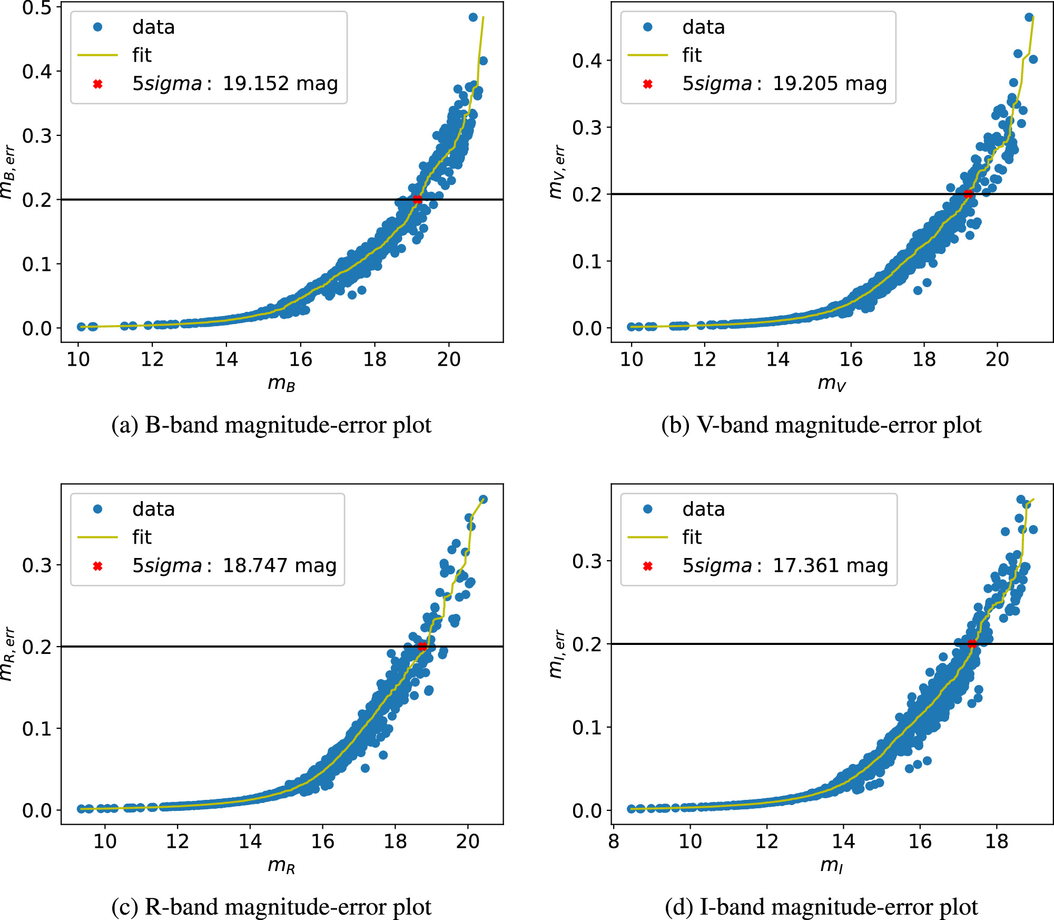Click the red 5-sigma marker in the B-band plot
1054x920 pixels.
pyautogui.click(x=418, y=200)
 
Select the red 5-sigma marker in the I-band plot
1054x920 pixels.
pyautogui.click(x=972, y=643)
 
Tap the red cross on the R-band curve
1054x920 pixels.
pyautogui.click(x=422, y=646)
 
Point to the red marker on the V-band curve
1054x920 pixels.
pyautogui.click(x=968, y=194)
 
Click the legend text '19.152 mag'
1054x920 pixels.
pyautogui.click(x=280, y=83)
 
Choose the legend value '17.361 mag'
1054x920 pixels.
pyautogui.click(x=830, y=565)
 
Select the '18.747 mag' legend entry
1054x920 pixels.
pyautogui.click(x=280, y=565)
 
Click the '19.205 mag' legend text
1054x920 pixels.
pyautogui.click(x=830, y=83)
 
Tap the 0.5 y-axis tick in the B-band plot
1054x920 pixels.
pyautogui.click(x=37, y=8)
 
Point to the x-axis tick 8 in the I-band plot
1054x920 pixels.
pyautogui.click(x=614, y=841)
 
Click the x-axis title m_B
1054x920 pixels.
pyautogui.click(x=281, y=383)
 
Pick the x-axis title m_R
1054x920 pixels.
pyautogui.click(x=281, y=865)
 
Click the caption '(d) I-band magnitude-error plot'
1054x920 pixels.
pyautogui.click(x=821, y=907)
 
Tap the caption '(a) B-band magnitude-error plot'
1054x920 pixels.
pyautogui.click(x=271, y=425)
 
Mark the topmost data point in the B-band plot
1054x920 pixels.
pyautogui.click(x=473, y=17)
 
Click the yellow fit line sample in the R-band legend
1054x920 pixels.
pyautogui.click(x=97, y=537)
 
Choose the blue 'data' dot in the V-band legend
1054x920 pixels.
pyautogui.click(x=648, y=27)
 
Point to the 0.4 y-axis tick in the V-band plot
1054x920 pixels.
pyautogui.click(x=587, y=61)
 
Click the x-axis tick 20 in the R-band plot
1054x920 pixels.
pyautogui.click(x=468, y=841)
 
